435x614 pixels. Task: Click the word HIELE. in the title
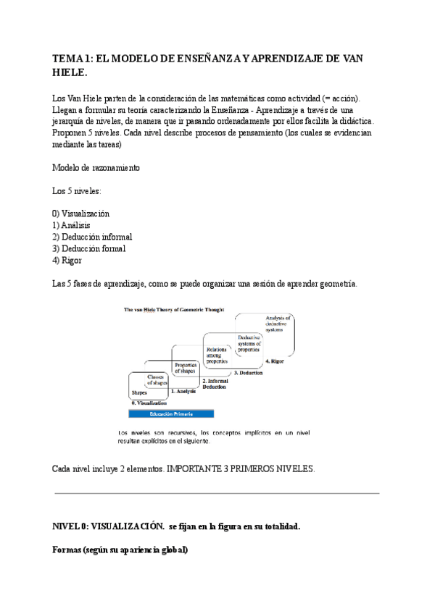point(70,72)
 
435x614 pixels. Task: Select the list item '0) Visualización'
point(81,214)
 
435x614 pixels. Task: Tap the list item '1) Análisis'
point(72,225)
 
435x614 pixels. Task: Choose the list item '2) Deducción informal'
point(92,237)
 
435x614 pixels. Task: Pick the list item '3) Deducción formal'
point(89,248)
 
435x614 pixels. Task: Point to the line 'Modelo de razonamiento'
point(96,167)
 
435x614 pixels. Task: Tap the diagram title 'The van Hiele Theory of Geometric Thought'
point(174,309)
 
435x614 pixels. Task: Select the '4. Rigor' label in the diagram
point(278,361)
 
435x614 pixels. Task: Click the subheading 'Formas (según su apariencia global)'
point(120,550)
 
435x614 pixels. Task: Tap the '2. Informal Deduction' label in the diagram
point(215,384)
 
